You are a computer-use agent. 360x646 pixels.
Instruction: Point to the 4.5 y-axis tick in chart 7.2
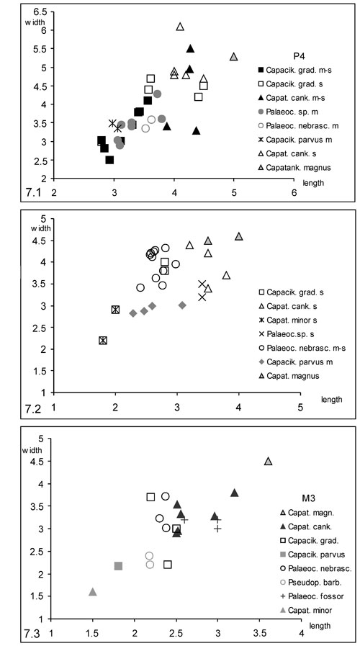pos(42,241)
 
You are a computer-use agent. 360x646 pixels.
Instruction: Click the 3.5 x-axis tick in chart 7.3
pos(259,632)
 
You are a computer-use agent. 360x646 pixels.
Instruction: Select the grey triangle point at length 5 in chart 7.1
pos(233,56)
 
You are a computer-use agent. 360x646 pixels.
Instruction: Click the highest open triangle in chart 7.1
pos(180,27)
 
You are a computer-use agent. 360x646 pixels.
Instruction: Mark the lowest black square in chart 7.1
pos(109,160)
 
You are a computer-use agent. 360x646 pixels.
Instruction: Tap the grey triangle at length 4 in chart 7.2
pos(238,236)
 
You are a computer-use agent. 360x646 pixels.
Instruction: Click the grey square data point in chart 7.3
pos(118,566)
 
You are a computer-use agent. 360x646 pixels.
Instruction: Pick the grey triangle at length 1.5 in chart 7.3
pos(93,592)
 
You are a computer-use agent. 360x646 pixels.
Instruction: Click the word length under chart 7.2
pos(333,399)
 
